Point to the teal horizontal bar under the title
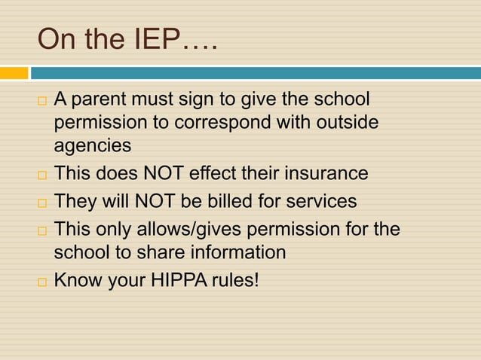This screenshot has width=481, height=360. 256,73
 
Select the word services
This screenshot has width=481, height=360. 317,202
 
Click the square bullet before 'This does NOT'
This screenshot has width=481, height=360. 42,175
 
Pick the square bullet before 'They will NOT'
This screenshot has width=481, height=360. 42,203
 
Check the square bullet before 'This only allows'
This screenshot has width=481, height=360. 42,230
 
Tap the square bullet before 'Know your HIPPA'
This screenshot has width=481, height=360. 42,281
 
